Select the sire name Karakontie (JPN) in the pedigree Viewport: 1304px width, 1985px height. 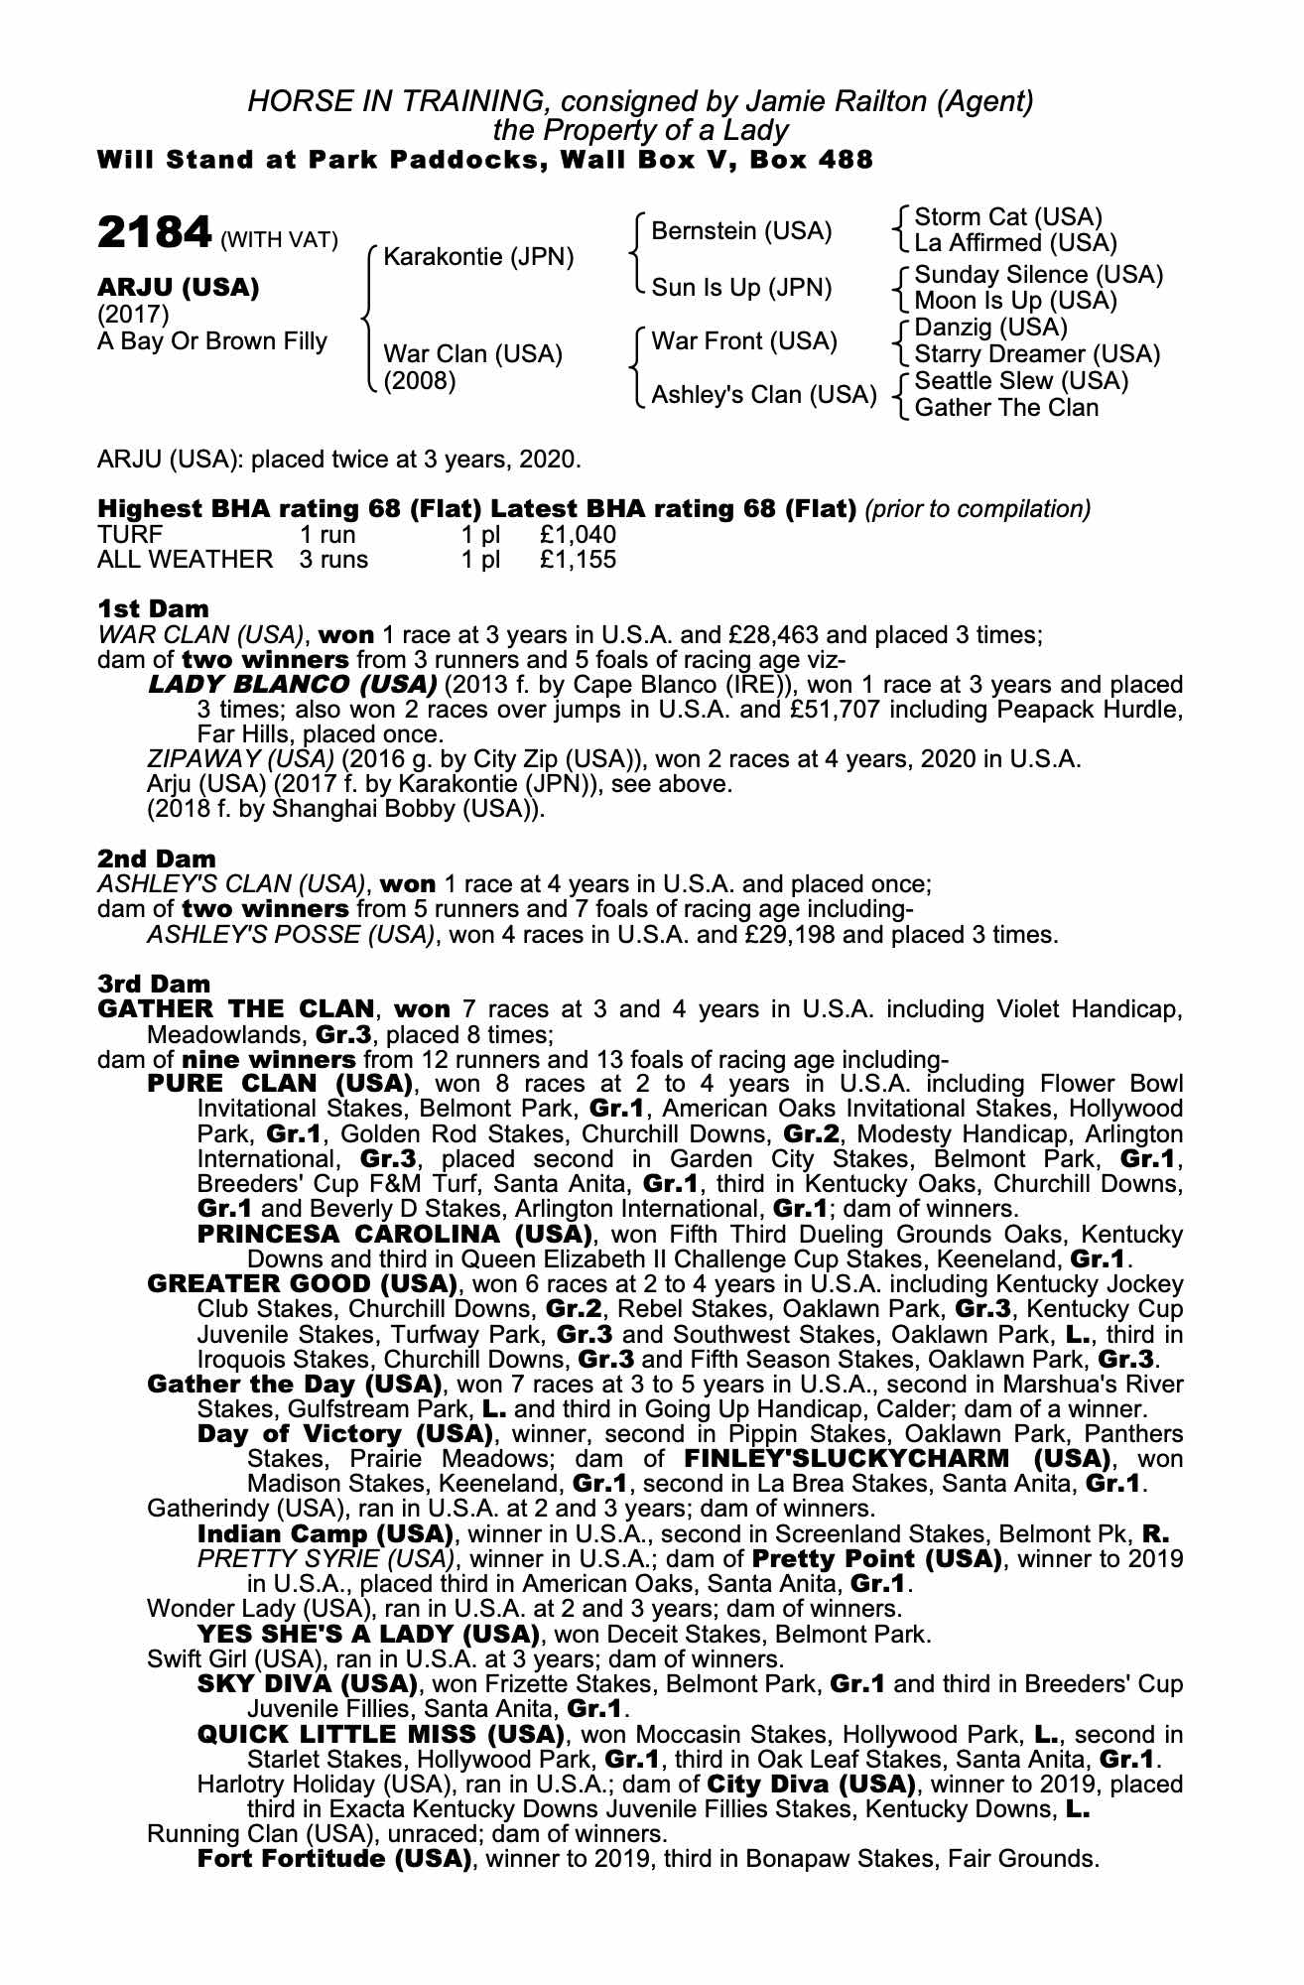click(478, 257)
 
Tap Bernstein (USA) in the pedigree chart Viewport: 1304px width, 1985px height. click(740, 231)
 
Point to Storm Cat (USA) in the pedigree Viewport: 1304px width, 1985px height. click(1008, 217)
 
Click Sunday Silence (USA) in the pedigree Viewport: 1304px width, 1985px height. click(1038, 275)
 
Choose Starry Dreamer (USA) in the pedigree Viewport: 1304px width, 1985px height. click(1036, 354)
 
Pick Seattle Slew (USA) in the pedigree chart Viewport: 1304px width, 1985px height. click(1021, 381)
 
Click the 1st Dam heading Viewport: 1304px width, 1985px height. click(153, 608)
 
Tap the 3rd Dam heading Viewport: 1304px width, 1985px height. click(154, 984)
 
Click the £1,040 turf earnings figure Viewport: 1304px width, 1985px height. click(578, 535)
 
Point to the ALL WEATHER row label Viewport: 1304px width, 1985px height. click(185, 560)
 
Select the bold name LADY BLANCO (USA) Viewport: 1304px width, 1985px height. click(292, 685)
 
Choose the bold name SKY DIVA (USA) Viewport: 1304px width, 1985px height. click(306, 1684)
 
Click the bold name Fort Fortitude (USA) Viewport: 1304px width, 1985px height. click(333, 1859)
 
